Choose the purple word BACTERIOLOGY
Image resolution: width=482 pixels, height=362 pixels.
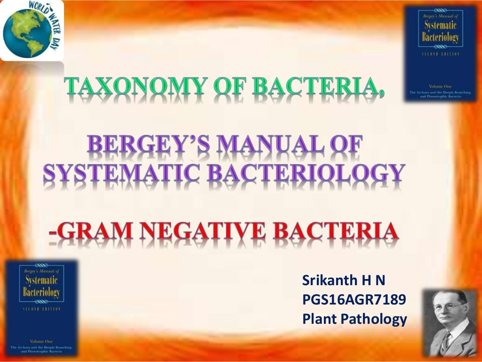306,173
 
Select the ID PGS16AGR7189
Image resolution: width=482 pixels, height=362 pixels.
354,300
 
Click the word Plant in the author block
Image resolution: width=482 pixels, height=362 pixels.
320,319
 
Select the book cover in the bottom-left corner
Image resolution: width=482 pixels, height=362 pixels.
41,308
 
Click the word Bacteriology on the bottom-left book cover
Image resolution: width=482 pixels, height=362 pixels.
41,292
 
